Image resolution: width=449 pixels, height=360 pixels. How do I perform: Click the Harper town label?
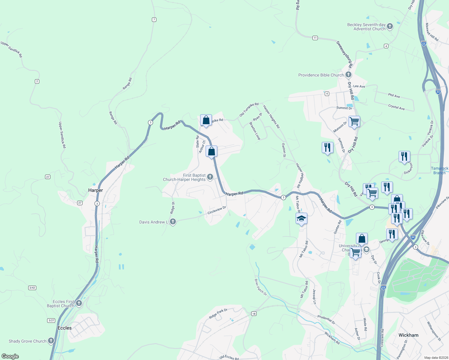point(95,190)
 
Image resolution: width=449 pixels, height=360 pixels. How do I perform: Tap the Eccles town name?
point(65,328)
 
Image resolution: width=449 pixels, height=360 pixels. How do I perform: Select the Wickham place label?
point(408,335)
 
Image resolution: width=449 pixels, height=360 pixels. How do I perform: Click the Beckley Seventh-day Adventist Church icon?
point(390,26)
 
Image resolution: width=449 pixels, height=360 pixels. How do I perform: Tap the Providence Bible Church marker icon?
point(348,75)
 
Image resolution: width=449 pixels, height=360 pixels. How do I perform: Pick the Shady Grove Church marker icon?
point(51,341)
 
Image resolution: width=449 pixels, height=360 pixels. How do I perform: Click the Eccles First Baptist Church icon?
point(79,303)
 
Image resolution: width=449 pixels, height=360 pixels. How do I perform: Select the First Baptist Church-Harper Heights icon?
point(210,177)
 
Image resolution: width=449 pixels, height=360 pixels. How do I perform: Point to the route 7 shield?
point(154,20)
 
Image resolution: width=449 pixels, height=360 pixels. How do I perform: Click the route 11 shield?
point(315,38)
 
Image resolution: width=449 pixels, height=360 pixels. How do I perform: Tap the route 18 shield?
point(254,314)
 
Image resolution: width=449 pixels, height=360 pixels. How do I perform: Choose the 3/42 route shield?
point(32,288)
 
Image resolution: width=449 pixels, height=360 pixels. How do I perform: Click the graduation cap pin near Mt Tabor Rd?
point(302,218)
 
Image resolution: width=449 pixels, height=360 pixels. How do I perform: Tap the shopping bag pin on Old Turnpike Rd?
point(206,120)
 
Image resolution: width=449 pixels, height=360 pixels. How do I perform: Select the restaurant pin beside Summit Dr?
point(327,147)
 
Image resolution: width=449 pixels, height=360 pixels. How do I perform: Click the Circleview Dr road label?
point(216,210)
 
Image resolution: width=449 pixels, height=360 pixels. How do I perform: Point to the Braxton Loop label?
point(255,131)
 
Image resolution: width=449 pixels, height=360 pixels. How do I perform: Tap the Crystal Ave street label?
point(396,107)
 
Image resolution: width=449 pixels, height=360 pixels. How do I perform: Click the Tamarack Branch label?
point(439,170)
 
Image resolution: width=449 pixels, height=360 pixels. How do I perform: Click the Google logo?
point(10,356)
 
